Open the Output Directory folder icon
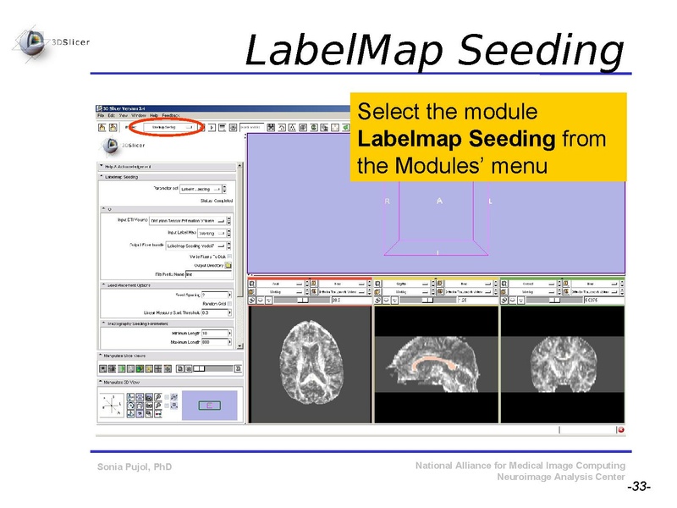click(x=228, y=265)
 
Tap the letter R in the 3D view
click(x=387, y=202)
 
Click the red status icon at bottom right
click(x=620, y=429)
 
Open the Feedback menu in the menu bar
click(x=171, y=114)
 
